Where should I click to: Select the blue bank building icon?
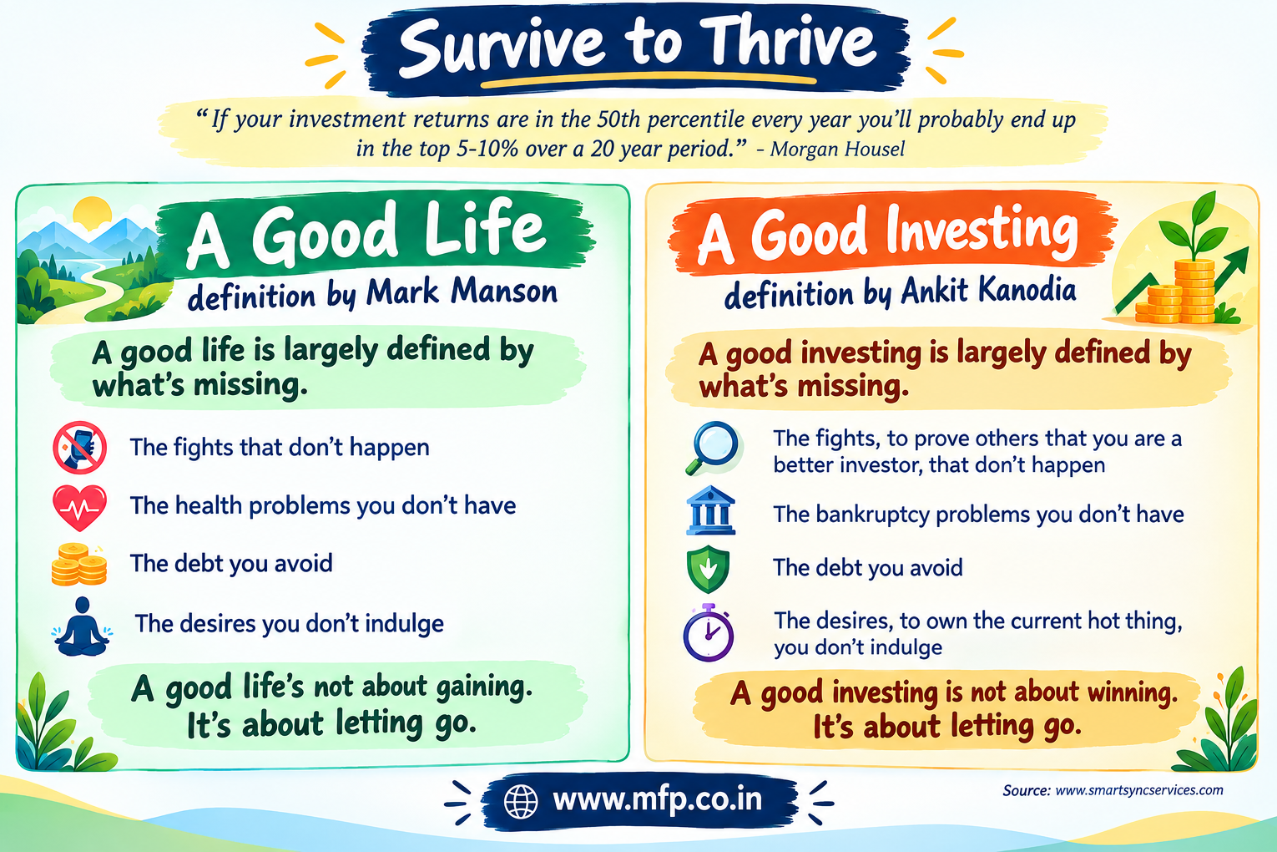[710, 510]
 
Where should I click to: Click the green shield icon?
[708, 569]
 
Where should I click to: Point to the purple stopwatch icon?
[709, 632]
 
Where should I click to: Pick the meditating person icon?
[82, 627]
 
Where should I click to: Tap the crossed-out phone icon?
[80, 448]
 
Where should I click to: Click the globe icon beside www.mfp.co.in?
[521, 801]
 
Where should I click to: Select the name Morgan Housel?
[837, 149]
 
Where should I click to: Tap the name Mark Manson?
[462, 292]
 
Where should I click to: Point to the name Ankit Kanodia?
[988, 291]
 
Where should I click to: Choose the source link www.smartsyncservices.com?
[1139, 790]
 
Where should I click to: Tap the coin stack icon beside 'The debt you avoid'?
[78, 565]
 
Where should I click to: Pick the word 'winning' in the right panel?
[1133, 692]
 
